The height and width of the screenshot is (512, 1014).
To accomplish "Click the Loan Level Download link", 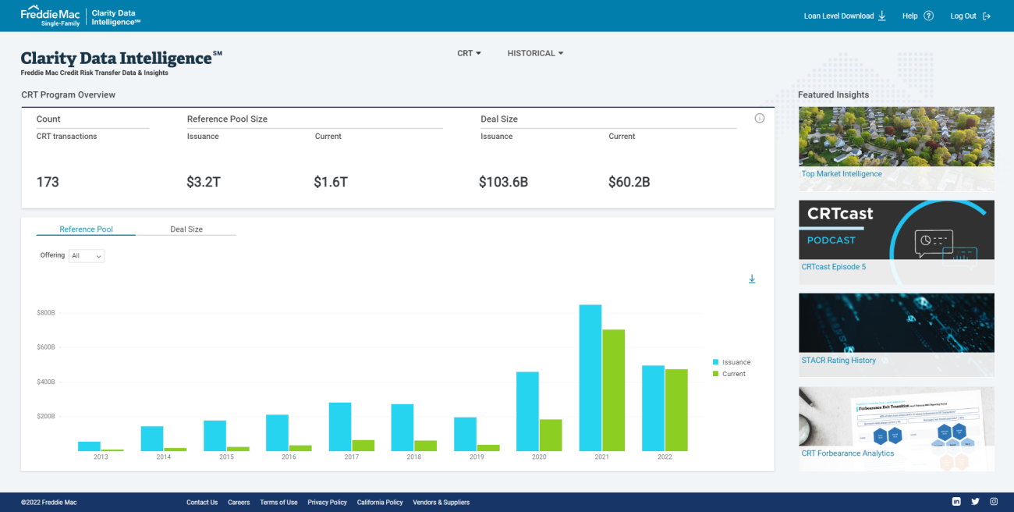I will pyautogui.click(x=845, y=16).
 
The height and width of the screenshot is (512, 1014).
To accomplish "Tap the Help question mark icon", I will pyautogui.click(x=928, y=16).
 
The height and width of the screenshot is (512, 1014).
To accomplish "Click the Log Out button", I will pyautogui.click(x=970, y=16).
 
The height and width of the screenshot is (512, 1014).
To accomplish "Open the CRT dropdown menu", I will pyautogui.click(x=469, y=53).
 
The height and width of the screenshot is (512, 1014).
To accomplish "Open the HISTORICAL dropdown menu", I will pyautogui.click(x=535, y=53).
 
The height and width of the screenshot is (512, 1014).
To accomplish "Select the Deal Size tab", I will pyautogui.click(x=186, y=229).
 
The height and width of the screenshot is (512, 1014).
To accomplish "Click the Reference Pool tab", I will pyautogui.click(x=86, y=229).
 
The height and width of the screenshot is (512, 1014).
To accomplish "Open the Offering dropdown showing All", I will pyautogui.click(x=87, y=256).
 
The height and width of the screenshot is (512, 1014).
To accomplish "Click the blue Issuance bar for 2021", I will pyautogui.click(x=590, y=378).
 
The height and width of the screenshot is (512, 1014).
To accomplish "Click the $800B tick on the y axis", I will pyautogui.click(x=46, y=313).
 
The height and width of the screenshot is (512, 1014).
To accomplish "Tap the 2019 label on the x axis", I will pyautogui.click(x=477, y=457).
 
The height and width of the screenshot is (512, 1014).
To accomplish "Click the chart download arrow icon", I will pyautogui.click(x=752, y=279).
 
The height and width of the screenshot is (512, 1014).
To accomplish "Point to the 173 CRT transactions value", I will pyautogui.click(x=48, y=183).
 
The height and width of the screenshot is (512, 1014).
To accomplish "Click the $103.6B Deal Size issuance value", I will pyautogui.click(x=503, y=183).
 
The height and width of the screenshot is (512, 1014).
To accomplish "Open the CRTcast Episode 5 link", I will pyautogui.click(x=833, y=267).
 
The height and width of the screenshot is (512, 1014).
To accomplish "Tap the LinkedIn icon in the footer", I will pyautogui.click(x=956, y=502).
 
